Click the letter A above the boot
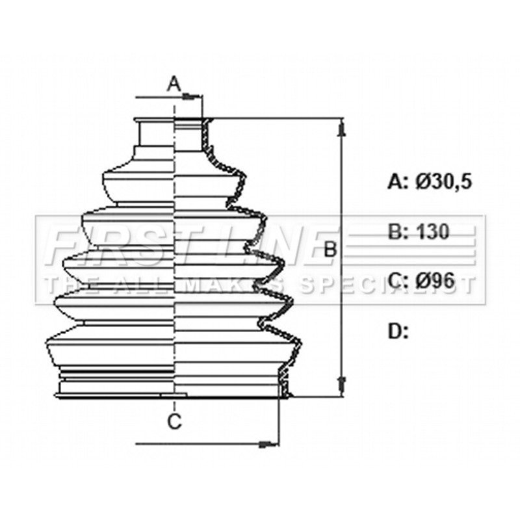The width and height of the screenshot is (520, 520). coord(174,84)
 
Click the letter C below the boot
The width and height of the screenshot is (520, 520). coord(174,422)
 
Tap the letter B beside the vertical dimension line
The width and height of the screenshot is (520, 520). coord(330,250)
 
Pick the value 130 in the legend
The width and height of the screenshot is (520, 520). coord(432,231)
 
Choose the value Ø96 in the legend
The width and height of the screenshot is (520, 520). coord(435,281)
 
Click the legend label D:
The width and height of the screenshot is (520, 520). coord(398,331)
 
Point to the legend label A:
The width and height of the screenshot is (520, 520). coord(398,182)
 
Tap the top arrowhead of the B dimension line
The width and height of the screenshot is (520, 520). coord(341,129)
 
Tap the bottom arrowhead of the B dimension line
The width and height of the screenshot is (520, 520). coord(341,384)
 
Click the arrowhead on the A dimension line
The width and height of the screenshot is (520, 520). coord(192,97)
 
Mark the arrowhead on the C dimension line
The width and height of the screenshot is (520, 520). coord(268,443)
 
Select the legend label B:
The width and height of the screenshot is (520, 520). coord(398,232)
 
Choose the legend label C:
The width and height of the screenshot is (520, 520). coord(398,281)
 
